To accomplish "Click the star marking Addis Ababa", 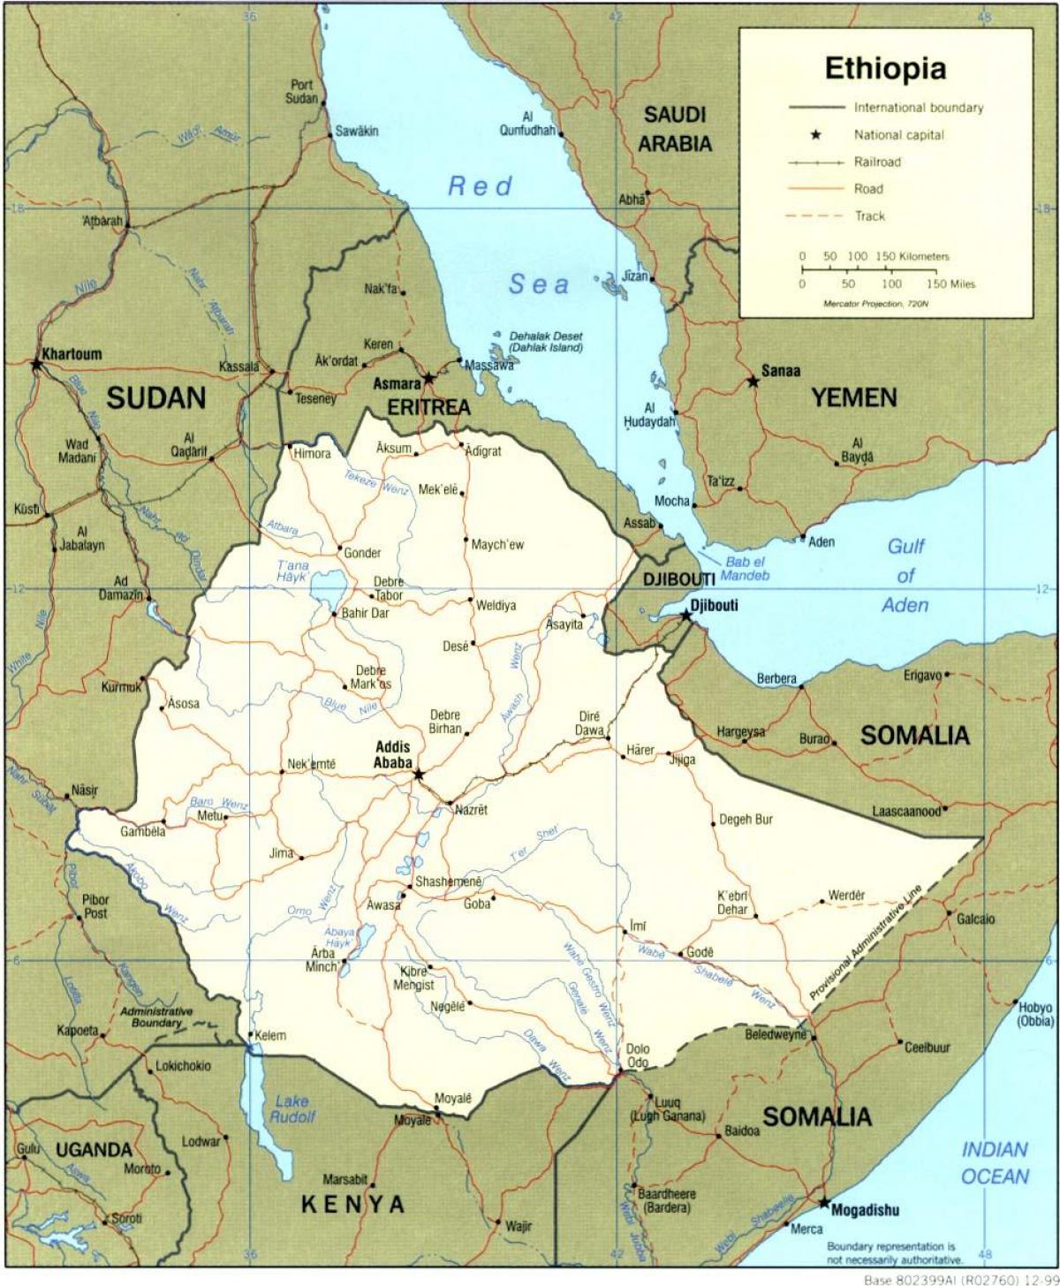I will click(x=419, y=775).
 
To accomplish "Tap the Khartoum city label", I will click(x=69, y=353).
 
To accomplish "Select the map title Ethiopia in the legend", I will click(x=885, y=68).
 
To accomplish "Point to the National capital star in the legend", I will click(x=816, y=135).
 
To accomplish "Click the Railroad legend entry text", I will click(x=877, y=162).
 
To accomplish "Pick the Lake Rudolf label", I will click(x=292, y=1108).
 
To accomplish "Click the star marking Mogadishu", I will click(x=823, y=1203).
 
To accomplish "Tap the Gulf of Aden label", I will click(x=905, y=575).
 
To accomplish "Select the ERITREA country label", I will click(x=428, y=407).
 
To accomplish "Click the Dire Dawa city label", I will click(x=590, y=722).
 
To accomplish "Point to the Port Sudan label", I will click(x=301, y=92).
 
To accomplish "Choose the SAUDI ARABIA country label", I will click(x=675, y=128).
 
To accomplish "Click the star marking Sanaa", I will click(x=753, y=382).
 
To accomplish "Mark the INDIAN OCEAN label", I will click(x=995, y=1162).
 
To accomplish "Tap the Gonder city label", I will click(x=362, y=553).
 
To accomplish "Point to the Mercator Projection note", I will click(x=875, y=304).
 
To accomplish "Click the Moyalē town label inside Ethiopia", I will click(x=453, y=1098).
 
